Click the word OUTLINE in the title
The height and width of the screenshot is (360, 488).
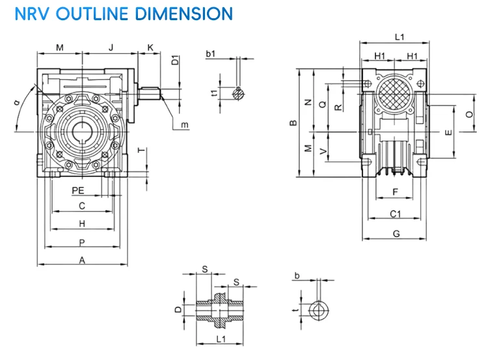point(108,12)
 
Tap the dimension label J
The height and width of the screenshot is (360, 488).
point(111,48)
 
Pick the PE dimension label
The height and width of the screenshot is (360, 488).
point(78,191)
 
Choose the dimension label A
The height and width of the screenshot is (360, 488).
point(82,260)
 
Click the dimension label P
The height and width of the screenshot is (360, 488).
point(82,242)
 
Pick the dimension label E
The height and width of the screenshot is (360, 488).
point(447,132)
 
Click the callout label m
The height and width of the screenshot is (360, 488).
point(185,124)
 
